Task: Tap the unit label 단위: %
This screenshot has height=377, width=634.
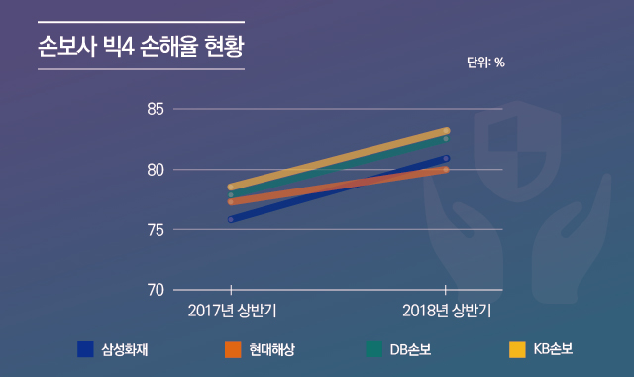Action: pyautogui.click(x=485, y=62)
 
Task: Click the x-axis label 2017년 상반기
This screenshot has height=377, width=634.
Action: pyautogui.click(x=232, y=311)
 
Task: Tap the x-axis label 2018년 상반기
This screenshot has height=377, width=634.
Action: pyautogui.click(x=447, y=311)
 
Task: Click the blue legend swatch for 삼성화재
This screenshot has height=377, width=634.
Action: pyautogui.click(x=86, y=349)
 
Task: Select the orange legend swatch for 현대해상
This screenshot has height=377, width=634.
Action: pyautogui.click(x=234, y=349)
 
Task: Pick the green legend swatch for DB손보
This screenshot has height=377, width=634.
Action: pyautogui.click(x=373, y=349)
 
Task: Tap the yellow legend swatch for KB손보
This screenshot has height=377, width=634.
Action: pyautogui.click(x=517, y=349)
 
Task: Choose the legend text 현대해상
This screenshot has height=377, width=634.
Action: pyautogui.click(x=272, y=349)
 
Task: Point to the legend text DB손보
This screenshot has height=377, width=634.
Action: pyautogui.click(x=410, y=349)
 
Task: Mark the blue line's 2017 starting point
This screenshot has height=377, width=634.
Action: pyautogui.click(x=231, y=219)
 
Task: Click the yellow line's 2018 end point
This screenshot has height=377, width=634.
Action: pyautogui.click(x=447, y=131)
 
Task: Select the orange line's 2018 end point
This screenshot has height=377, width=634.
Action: pyautogui.click(x=447, y=170)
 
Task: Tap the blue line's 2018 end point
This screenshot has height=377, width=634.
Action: pyautogui.click(x=447, y=158)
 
